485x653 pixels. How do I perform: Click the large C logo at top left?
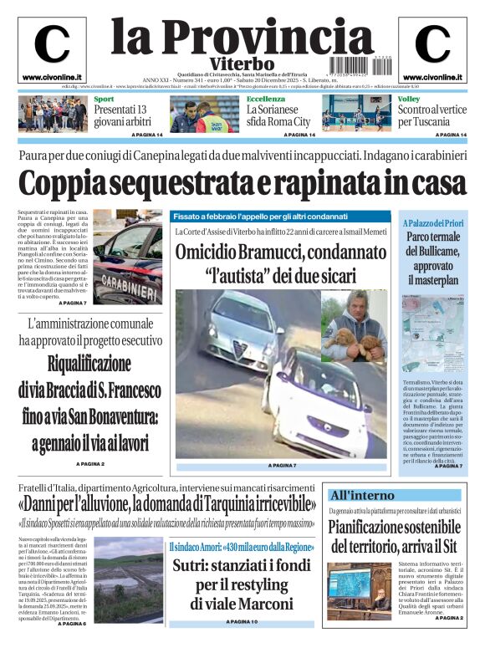(51, 44)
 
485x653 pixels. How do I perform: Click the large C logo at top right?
(432, 44)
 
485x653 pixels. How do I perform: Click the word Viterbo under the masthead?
(242, 64)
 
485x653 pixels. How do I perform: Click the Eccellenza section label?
(265, 99)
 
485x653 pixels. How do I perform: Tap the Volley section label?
(409, 99)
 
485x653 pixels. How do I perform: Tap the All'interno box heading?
(362, 494)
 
